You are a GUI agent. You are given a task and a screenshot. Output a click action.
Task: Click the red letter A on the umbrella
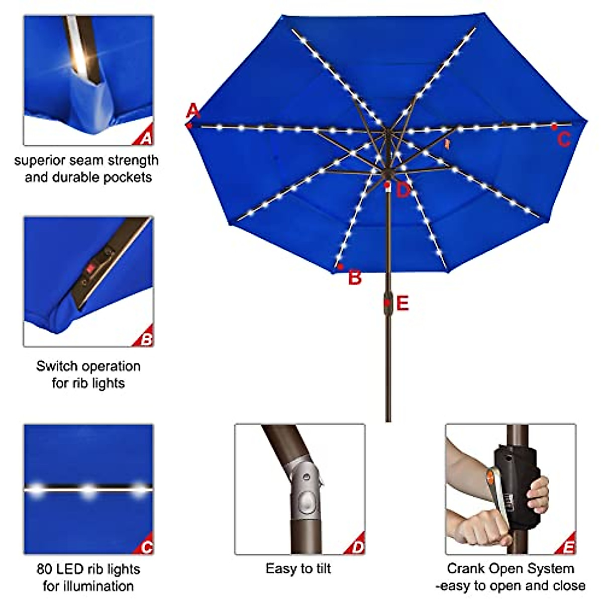coord(193,110)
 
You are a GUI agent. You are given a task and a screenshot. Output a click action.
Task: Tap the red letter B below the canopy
coord(355,277)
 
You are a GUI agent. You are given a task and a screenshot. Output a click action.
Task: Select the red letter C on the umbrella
coord(564,139)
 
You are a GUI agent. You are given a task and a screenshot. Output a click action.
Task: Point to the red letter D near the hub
coord(403,191)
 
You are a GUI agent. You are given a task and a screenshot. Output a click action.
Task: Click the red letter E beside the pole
coord(403,304)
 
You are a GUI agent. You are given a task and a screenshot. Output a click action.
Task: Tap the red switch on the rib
coord(91,269)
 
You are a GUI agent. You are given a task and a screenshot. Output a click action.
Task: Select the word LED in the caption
coord(69,569)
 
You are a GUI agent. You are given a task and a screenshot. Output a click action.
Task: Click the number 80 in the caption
coord(44,569)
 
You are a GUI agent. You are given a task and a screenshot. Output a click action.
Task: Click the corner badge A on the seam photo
coord(146,137)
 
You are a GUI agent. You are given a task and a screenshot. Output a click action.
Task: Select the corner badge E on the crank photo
coord(568,546)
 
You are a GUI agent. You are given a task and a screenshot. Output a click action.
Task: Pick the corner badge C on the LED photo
coord(146,546)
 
